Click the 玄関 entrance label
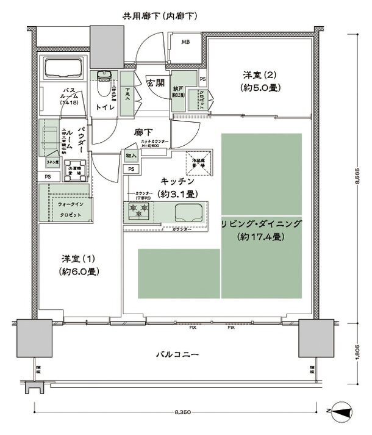(154, 83)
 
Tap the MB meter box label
(185, 42)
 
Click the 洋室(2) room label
(260, 80)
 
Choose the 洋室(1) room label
(79, 265)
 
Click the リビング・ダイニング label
(261, 225)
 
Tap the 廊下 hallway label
(143, 131)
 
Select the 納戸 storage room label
(178, 88)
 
